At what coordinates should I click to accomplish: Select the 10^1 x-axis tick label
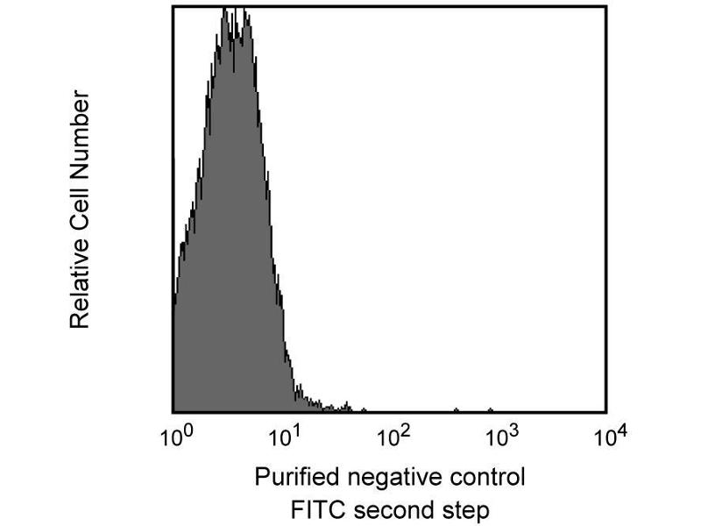click(x=286, y=434)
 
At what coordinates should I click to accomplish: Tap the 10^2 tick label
click(x=393, y=434)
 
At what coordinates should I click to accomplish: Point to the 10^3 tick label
click(x=502, y=434)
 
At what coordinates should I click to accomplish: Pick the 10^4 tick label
click(x=610, y=434)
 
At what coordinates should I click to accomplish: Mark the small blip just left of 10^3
click(x=490, y=409)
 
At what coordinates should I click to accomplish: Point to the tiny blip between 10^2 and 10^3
click(x=456, y=409)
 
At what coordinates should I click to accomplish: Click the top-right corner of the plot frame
click(x=605, y=6)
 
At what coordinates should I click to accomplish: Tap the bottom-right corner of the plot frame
click(x=605, y=412)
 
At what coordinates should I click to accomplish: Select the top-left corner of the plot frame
click(x=173, y=6)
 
